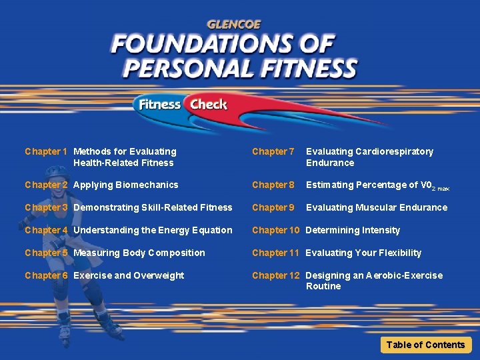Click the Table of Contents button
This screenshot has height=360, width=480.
pyautogui.click(x=425, y=345)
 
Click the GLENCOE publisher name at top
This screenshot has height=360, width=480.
pyautogui.click(x=235, y=25)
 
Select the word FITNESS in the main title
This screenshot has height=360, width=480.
pyautogui.click(x=306, y=69)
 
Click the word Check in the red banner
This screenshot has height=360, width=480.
pyautogui.click(x=208, y=104)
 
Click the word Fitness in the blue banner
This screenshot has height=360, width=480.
pyautogui.click(x=160, y=104)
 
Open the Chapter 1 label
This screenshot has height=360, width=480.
pyautogui.click(x=46, y=151)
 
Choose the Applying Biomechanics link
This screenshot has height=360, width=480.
pyautogui.click(x=126, y=185)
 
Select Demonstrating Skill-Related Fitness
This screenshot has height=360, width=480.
pyautogui.click(x=153, y=207)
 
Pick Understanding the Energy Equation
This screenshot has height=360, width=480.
pyautogui.click(x=153, y=230)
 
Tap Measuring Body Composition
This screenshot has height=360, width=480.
pyautogui.click(x=139, y=253)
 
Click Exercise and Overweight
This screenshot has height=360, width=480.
pyautogui.click(x=129, y=275)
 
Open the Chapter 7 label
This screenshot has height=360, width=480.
pyautogui.click(x=273, y=151)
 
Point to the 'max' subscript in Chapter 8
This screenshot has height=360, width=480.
pyautogui.click(x=443, y=189)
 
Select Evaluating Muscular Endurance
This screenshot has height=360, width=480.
pyautogui.click(x=377, y=207)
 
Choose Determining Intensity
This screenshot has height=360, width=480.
pyautogui.click(x=353, y=230)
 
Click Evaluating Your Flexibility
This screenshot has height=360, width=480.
pyautogui.click(x=363, y=253)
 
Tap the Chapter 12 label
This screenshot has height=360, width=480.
pyautogui.click(x=275, y=275)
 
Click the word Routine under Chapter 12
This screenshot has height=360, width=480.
pyautogui.click(x=323, y=286)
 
